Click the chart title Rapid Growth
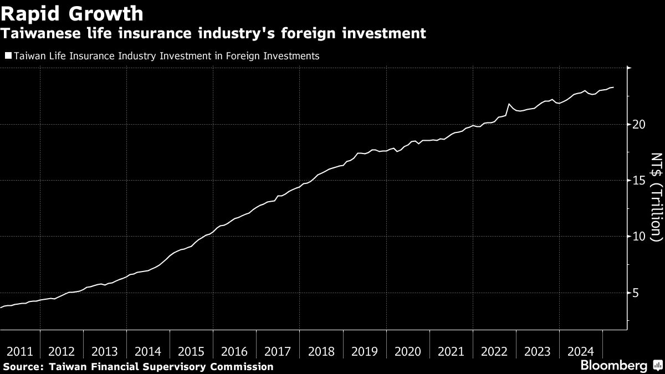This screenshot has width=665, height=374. tap(73, 13)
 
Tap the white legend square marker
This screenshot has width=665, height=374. tap(8, 55)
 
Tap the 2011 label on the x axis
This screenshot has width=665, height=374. tap(19, 352)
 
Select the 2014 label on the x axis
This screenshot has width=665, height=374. tap(148, 352)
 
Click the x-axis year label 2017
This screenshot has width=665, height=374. tap(278, 352)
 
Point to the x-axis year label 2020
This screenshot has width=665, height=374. tap(408, 352)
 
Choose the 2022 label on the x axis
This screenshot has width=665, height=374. tap(494, 352)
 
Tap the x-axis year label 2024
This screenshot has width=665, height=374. tap(581, 352)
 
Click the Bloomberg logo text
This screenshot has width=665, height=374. tap(613, 366)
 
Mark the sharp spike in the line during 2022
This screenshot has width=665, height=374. tap(509, 104)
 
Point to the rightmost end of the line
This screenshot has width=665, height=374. tap(613, 87)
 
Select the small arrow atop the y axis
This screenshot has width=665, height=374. tap(629, 68)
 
